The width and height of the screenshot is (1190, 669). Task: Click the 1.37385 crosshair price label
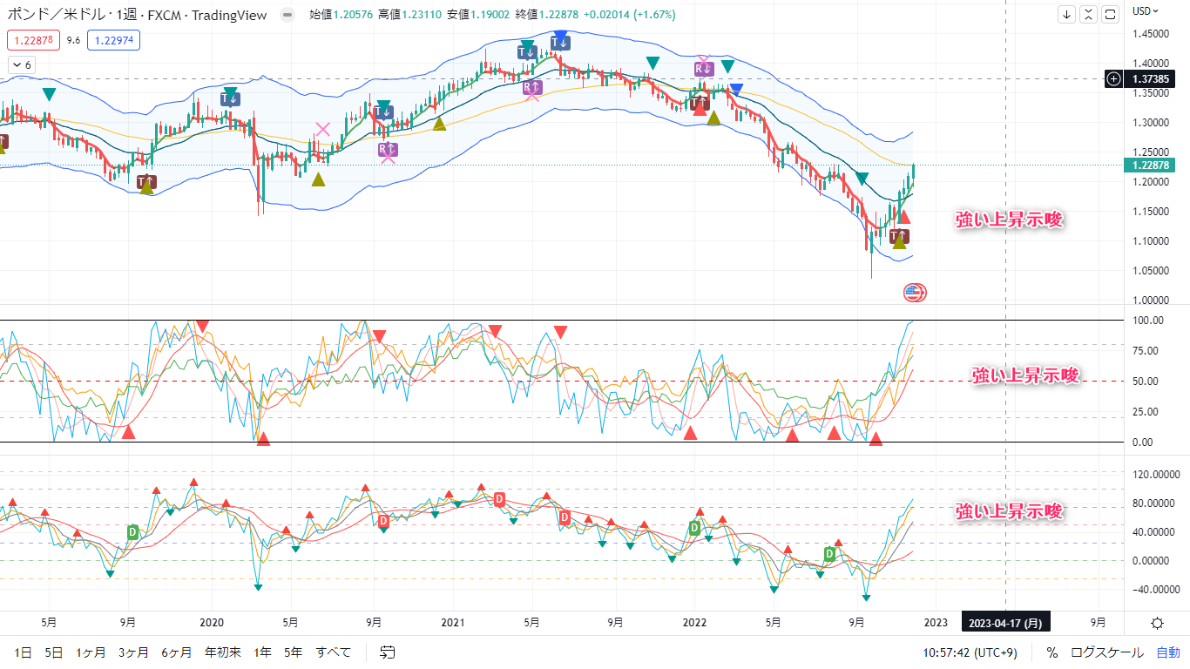click(1151, 78)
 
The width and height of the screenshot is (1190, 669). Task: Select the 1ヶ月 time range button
click(91, 652)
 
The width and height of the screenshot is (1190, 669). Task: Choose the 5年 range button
click(294, 652)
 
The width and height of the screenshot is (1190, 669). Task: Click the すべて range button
click(334, 652)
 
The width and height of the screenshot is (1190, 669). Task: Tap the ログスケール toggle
click(1106, 652)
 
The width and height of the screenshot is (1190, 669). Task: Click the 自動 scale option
click(1168, 652)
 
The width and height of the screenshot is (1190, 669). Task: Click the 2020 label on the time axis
click(212, 623)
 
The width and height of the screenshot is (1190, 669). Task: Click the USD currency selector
click(1145, 10)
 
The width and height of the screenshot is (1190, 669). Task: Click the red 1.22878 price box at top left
click(33, 40)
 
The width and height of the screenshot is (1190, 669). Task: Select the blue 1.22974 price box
click(114, 40)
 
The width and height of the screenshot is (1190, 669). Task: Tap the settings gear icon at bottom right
click(1157, 623)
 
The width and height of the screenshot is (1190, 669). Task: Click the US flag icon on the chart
click(915, 293)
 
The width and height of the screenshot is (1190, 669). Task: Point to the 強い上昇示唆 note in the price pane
click(1010, 220)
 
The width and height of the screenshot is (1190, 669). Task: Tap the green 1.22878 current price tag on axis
click(1151, 165)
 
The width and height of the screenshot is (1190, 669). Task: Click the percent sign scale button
click(1052, 652)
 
